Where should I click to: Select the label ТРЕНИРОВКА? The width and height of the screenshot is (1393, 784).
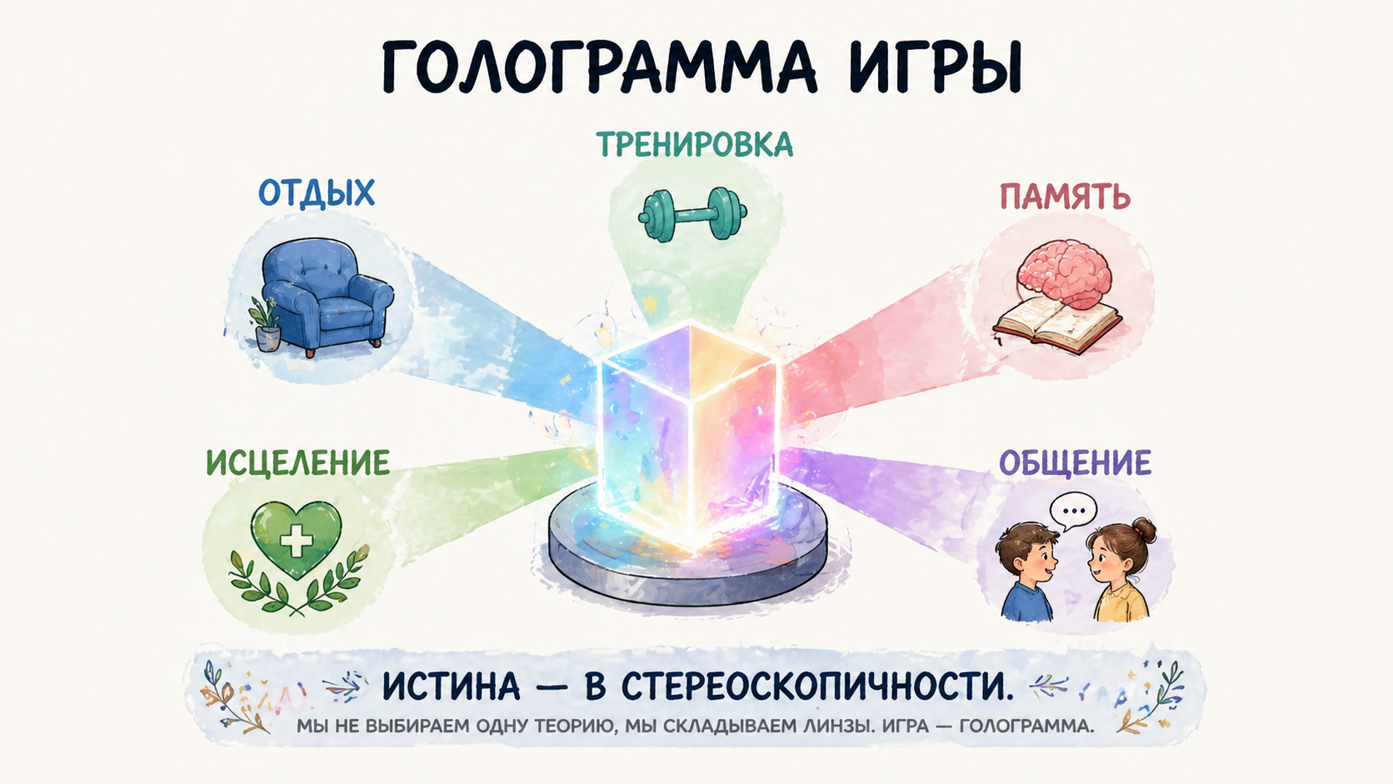coord(694,145)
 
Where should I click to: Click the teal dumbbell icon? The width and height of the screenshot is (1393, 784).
coord(692,214)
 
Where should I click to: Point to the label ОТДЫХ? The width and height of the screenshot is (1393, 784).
coord(316,193)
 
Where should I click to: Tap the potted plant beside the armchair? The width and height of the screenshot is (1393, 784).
coord(266,325)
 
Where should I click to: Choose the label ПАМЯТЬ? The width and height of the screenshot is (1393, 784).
coord(1064,197)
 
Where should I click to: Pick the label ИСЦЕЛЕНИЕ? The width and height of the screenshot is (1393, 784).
coord(297,463)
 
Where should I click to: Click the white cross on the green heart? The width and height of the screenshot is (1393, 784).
coord(296,541)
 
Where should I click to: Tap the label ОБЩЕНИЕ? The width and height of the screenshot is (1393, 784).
coord(1075,463)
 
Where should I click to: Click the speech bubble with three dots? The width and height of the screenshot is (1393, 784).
coord(1073,511)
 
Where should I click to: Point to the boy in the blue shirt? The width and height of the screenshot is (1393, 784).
coord(1026,575)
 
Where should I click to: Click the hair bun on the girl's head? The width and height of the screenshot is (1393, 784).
coord(1143,529)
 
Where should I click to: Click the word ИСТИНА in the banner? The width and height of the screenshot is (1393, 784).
coord(451,687)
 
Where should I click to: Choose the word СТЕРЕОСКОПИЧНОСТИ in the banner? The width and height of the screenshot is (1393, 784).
coord(818,687)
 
